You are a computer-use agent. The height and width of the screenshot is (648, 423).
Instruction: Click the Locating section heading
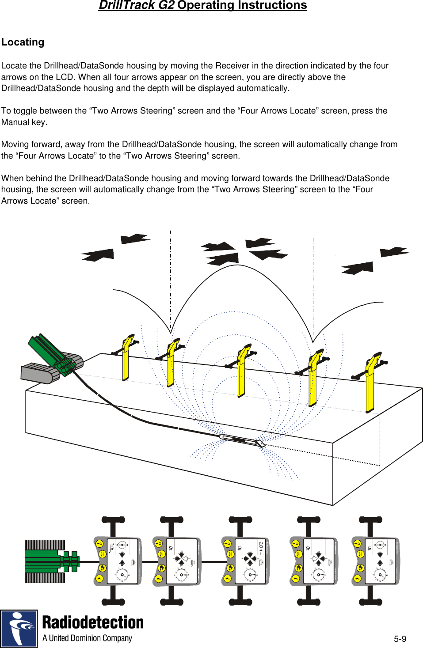(x=23, y=42)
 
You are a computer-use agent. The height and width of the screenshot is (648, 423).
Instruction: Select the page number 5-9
(x=400, y=639)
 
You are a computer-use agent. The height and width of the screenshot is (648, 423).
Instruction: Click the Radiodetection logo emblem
(x=19, y=629)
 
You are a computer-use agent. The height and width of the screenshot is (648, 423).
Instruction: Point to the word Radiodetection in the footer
(x=93, y=622)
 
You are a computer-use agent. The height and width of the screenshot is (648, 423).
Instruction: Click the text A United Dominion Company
(x=87, y=638)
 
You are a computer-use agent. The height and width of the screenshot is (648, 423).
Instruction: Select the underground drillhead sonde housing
(x=241, y=440)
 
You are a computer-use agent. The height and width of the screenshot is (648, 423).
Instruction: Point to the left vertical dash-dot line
(x=171, y=278)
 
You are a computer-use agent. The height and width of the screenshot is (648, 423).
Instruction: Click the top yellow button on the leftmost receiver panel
(x=99, y=543)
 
